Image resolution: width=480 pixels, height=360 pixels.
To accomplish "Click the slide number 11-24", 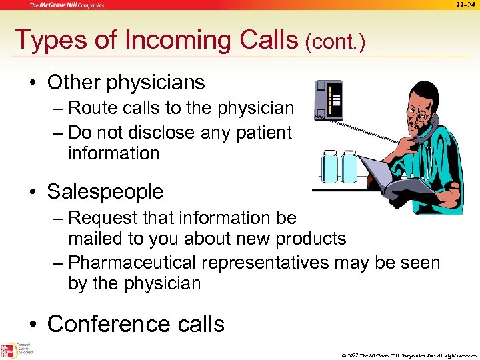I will (x=465, y=5).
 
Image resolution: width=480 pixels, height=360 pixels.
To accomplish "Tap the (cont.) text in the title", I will (x=335, y=42).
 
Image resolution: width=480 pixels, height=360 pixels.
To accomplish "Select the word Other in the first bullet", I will (x=72, y=82).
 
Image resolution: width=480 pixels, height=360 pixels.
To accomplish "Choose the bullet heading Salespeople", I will (x=105, y=191).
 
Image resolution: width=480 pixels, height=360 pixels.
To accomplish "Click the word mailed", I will (x=96, y=238).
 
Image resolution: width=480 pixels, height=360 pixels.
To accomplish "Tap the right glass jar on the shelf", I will (x=349, y=167).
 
